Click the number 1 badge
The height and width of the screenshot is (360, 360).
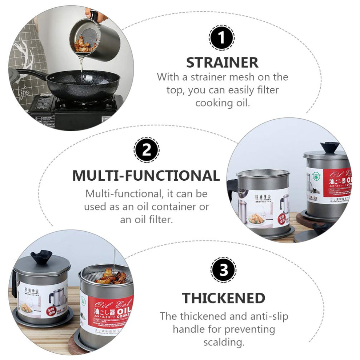tap(221, 38)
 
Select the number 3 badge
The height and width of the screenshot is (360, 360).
tap(223, 269)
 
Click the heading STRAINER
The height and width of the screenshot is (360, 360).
tap(222, 63)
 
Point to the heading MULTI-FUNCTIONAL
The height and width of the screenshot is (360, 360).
tap(146, 175)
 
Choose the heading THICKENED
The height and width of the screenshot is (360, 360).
tap(223, 298)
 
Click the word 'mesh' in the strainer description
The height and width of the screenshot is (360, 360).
tap(251, 77)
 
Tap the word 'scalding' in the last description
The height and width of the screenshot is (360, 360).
tap(223, 342)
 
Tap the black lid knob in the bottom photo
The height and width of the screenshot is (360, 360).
tap(41, 257)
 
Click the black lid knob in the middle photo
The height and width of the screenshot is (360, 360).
tap(329, 147)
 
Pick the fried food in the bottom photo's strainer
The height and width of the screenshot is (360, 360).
tap(111, 277)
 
